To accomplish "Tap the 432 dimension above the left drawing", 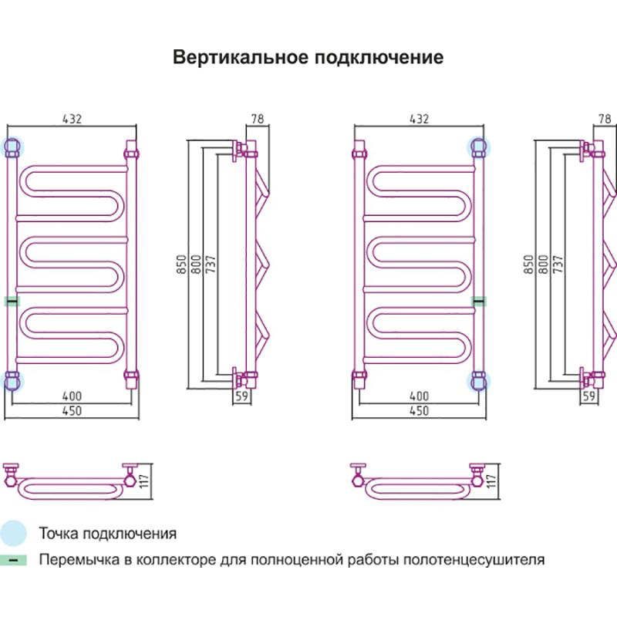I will [x=71, y=119].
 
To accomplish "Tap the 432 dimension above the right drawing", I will [x=418, y=119].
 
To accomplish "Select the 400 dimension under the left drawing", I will [x=71, y=396].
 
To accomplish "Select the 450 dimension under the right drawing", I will [x=418, y=411].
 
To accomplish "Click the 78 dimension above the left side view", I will [x=258, y=119].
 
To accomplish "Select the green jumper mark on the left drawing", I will [x=12, y=300].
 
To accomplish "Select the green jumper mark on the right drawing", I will [x=479, y=300].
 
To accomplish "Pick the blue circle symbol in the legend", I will [x=13, y=533].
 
